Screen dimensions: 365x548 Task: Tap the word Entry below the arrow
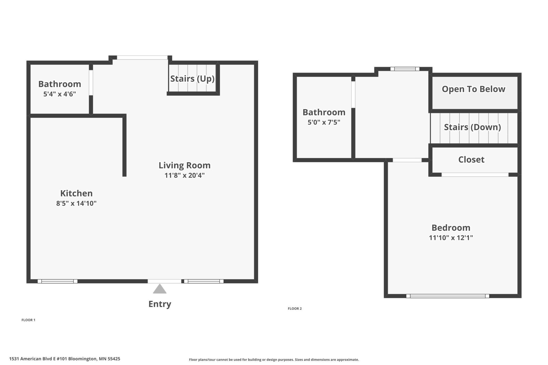(x=160, y=304)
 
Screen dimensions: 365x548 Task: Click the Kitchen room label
(x=76, y=193)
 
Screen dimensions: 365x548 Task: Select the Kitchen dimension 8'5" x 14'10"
(x=76, y=203)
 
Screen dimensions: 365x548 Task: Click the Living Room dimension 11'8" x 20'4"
(x=184, y=175)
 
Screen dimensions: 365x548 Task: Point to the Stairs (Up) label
(x=192, y=78)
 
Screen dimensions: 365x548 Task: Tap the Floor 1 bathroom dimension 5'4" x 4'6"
(x=60, y=94)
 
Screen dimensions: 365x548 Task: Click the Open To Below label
(x=473, y=89)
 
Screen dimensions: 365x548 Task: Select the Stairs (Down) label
(x=472, y=127)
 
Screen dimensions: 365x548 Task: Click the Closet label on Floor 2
(x=471, y=160)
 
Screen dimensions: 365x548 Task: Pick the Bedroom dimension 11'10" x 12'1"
(x=451, y=238)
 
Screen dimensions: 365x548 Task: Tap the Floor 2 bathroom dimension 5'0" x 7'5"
(x=324, y=122)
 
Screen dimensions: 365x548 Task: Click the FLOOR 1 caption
(x=28, y=320)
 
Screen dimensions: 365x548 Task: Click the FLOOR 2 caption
(x=295, y=308)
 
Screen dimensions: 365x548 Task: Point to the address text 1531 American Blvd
(x=65, y=359)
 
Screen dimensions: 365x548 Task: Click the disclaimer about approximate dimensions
(x=274, y=359)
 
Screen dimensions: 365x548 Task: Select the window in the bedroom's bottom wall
(x=448, y=296)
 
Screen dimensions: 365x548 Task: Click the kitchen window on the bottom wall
(x=57, y=281)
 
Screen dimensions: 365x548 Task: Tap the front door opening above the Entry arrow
(x=164, y=281)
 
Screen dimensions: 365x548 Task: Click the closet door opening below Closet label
(x=475, y=175)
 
